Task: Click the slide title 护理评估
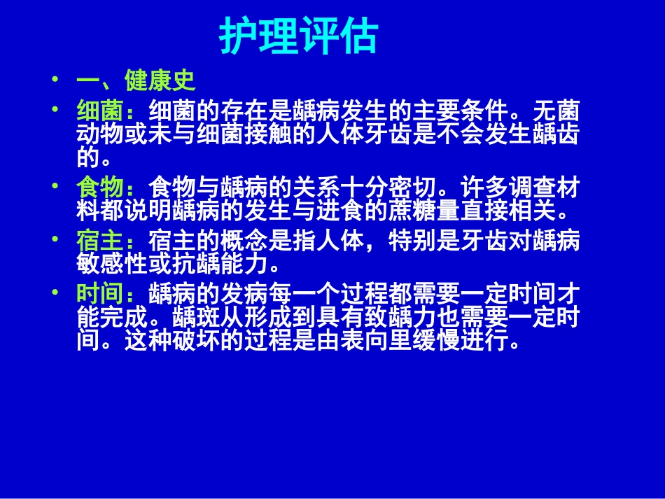pos(299,36)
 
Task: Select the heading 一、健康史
pos(135,81)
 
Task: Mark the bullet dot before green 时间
pos(56,293)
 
